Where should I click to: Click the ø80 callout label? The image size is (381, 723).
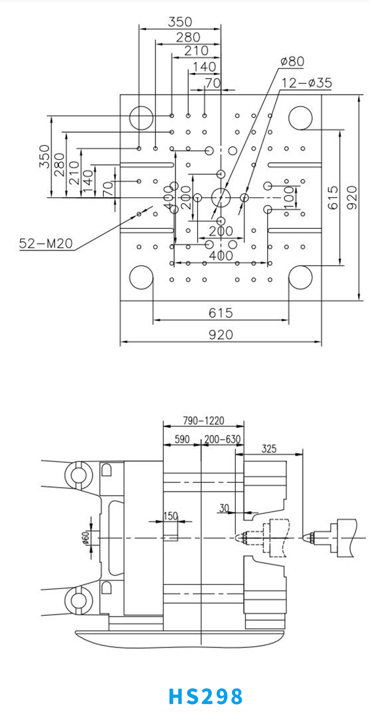tap(292, 61)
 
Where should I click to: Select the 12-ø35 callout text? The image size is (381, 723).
tap(307, 83)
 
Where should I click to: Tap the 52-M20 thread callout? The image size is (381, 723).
tap(46, 243)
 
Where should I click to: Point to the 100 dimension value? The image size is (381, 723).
tap(290, 197)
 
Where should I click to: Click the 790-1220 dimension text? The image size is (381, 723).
tap(203, 421)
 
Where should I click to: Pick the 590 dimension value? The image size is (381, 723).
tap(182, 439)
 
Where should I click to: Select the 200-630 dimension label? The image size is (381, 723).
tap(222, 439)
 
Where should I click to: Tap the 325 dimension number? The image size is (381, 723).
tap(269, 448)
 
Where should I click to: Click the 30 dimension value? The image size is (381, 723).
tap(224, 508)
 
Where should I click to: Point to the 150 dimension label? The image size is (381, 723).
tap(170, 517)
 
